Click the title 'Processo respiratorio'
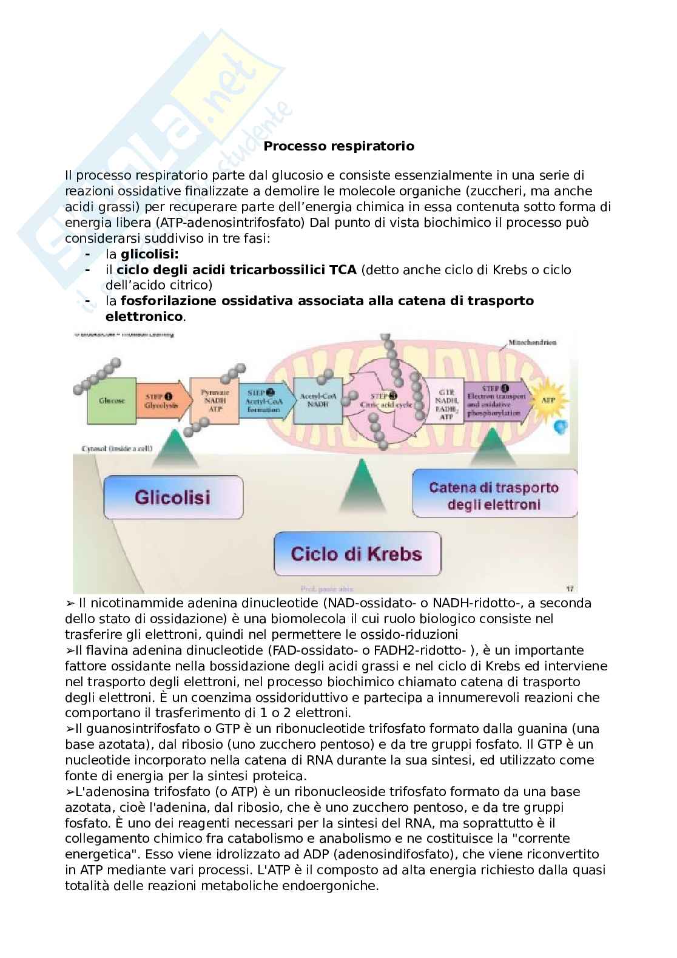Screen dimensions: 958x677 (x=338, y=146)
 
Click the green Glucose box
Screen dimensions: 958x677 (x=112, y=401)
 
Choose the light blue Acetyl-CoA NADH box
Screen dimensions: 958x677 (x=317, y=400)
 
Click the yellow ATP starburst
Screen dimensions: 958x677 (x=548, y=400)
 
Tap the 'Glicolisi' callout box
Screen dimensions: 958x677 (x=173, y=498)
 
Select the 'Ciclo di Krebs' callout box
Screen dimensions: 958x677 (x=357, y=554)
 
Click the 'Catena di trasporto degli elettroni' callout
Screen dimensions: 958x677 (x=494, y=496)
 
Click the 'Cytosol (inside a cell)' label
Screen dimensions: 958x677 (x=117, y=449)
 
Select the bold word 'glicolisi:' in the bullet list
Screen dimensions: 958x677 (x=149, y=254)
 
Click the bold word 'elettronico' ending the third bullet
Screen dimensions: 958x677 (x=144, y=317)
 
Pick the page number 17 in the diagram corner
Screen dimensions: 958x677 (x=570, y=589)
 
